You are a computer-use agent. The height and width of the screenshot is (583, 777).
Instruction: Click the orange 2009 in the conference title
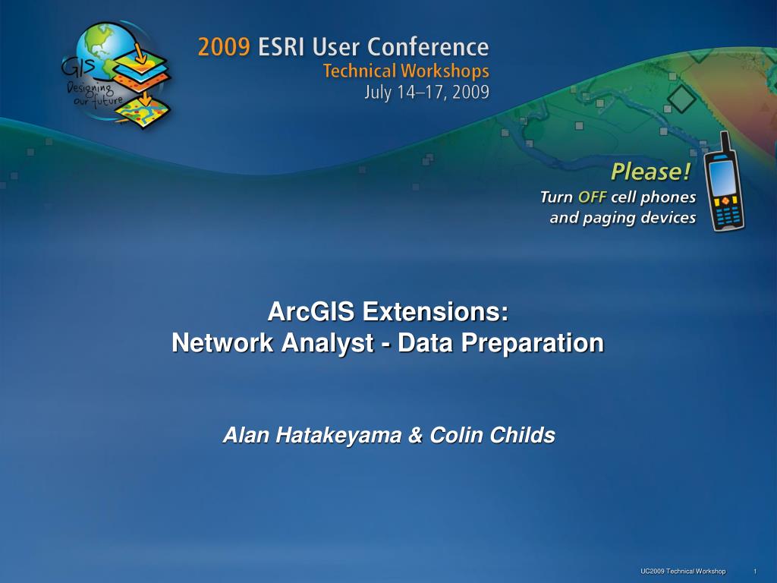[x=224, y=47]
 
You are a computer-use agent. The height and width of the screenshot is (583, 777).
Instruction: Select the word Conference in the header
[x=428, y=47]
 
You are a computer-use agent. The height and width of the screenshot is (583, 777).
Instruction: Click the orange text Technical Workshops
[x=406, y=71]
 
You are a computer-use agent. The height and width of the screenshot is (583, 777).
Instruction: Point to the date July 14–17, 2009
[x=427, y=92]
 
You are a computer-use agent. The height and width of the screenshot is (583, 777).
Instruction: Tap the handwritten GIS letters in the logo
[x=78, y=67]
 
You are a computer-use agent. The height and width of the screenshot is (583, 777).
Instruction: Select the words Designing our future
[x=94, y=94]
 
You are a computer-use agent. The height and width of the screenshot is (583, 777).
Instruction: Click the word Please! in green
[x=650, y=172]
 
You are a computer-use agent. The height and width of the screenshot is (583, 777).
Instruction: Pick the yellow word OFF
[x=592, y=197]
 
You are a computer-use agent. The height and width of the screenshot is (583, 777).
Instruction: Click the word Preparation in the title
[x=533, y=343]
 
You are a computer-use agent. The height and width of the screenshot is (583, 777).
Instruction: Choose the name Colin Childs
[x=492, y=435]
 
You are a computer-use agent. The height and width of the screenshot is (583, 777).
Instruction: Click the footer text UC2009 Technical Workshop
[x=683, y=571]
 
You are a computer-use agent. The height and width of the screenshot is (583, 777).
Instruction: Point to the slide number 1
[x=755, y=571]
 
